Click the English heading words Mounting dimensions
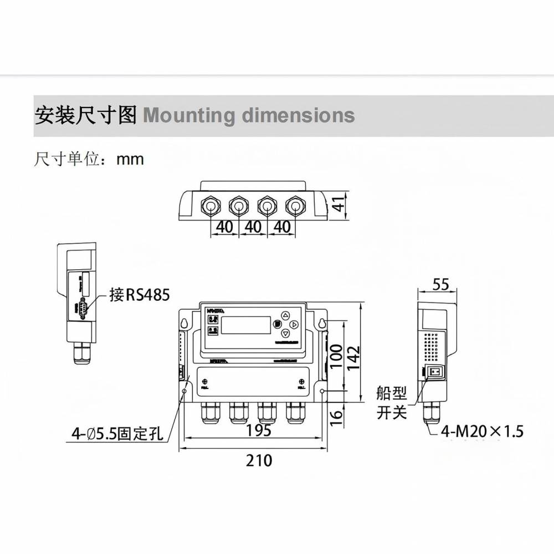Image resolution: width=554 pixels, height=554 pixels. click(249, 115)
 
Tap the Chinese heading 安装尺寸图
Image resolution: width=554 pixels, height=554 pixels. click(85, 115)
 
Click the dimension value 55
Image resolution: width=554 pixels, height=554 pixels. click(440, 285)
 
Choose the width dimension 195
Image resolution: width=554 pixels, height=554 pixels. click(258, 430)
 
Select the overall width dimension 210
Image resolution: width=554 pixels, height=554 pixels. click(259, 460)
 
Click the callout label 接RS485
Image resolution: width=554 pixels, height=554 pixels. click(139, 294)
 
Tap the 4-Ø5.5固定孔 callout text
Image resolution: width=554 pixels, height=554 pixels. click(117, 433)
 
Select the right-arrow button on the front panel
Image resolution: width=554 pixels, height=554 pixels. click(294, 324)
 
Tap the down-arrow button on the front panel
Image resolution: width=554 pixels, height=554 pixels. click(285, 333)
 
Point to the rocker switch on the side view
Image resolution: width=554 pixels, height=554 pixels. click(435, 372)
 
